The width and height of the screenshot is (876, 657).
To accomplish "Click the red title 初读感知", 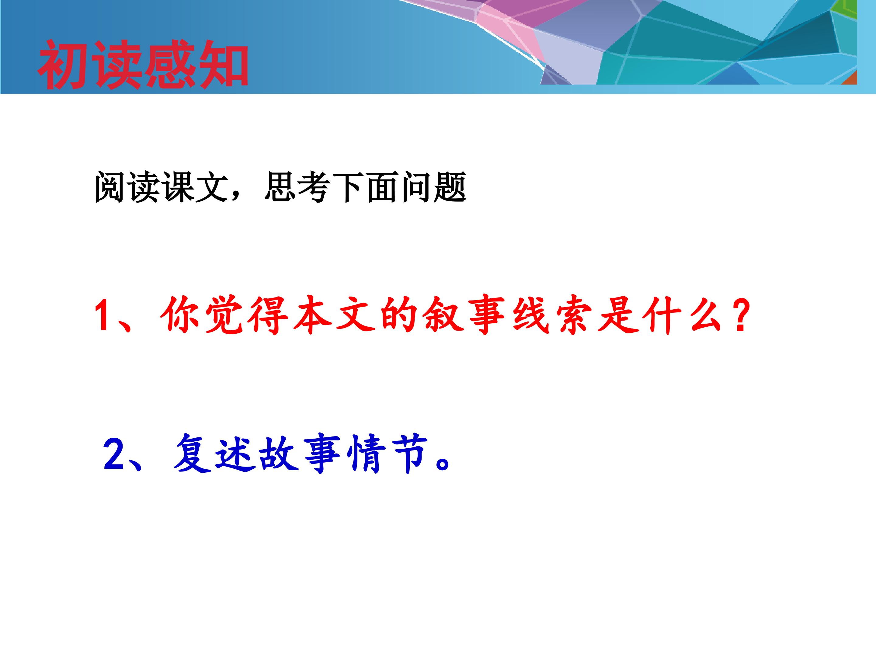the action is [143, 64].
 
